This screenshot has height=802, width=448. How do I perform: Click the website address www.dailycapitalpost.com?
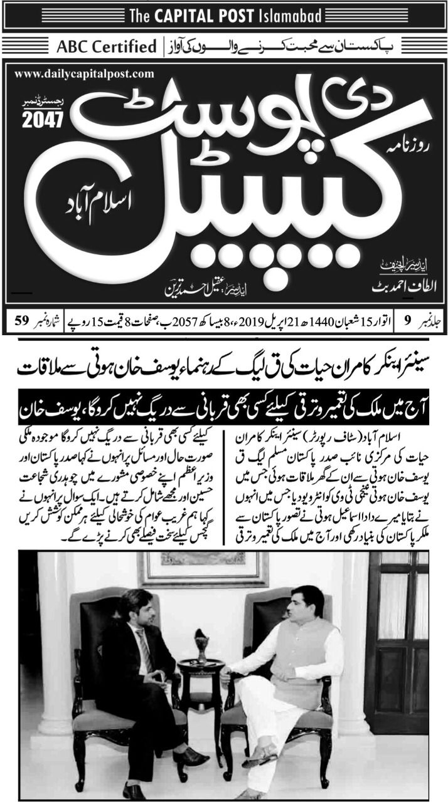pos(84,74)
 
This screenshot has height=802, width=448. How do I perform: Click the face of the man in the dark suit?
pos(136,609)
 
